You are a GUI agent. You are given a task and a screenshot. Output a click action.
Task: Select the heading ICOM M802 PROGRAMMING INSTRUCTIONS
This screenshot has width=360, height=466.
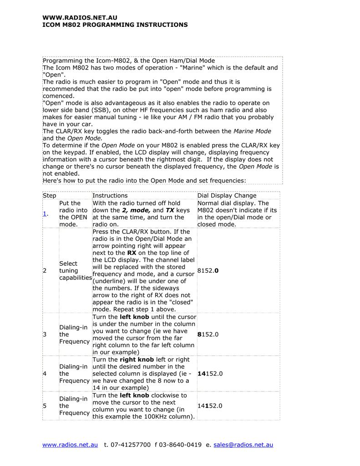[x=115, y=25]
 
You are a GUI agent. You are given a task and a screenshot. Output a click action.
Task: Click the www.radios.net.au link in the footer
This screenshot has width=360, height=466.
[x=70, y=445]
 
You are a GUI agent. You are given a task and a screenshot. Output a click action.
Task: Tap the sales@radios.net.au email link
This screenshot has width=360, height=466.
[x=243, y=445]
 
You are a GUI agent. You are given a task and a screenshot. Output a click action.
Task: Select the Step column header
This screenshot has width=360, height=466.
[x=49, y=196]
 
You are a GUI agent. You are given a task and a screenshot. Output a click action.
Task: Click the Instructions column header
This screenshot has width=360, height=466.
[x=110, y=196]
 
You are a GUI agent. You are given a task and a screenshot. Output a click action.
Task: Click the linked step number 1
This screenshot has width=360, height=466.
[x=45, y=214]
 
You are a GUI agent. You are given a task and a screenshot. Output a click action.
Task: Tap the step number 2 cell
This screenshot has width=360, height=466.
[x=45, y=271]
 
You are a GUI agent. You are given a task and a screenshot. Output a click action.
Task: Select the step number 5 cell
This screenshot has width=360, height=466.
[x=45, y=406]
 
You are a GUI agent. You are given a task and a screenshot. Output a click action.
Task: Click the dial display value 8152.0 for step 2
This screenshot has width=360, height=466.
[x=208, y=271]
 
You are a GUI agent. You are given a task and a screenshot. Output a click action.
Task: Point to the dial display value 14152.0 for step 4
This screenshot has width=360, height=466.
[x=210, y=374]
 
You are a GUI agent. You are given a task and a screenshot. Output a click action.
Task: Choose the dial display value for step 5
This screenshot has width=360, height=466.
[x=210, y=406]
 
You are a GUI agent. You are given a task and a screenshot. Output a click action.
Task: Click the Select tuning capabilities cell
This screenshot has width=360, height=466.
[x=75, y=271]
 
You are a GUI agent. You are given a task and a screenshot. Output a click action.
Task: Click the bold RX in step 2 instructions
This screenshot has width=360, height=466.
[x=132, y=253]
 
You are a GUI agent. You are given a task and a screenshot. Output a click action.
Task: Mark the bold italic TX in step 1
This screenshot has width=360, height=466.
[x=170, y=210]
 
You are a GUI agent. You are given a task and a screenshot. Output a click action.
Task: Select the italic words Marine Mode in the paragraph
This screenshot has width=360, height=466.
[x=252, y=131]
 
